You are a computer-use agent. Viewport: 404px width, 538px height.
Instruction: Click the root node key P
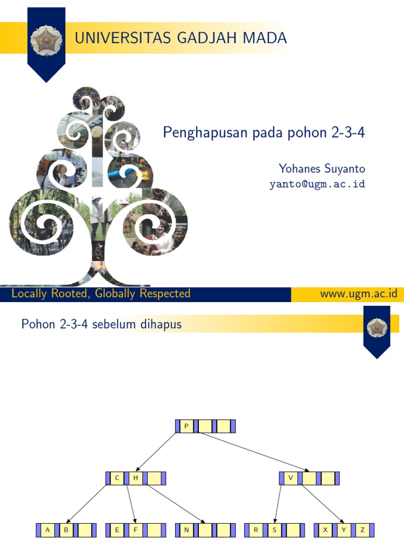point(186,426)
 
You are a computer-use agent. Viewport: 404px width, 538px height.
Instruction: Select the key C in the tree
point(117,478)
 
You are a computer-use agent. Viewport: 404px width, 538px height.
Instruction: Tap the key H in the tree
point(135,478)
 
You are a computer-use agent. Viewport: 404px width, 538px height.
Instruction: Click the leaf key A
point(47,530)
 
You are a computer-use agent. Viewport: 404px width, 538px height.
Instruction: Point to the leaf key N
point(186,530)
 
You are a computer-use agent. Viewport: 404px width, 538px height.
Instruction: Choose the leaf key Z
point(362,530)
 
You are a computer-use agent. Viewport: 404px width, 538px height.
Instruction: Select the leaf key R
point(256,530)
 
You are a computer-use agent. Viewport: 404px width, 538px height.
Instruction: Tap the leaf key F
point(135,530)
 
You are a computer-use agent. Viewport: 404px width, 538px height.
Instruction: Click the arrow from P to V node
point(252,451)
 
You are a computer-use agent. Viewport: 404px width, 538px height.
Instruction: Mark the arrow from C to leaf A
point(87,504)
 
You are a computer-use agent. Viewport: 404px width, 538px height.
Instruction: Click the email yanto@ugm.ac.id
point(317,184)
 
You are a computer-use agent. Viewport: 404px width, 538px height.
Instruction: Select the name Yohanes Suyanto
point(321,169)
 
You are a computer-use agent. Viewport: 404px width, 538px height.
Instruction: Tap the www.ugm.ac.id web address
point(358,294)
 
